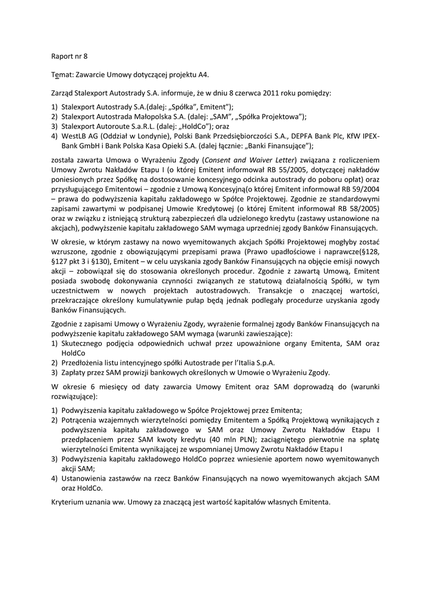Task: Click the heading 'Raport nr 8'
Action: pyautogui.click(x=69, y=57)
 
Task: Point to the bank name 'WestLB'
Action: pyautogui.click(x=74, y=136)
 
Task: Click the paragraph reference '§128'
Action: pyautogui.click(x=370, y=252)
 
